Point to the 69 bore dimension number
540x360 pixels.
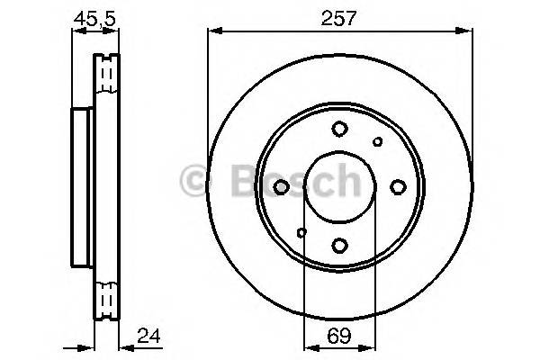pyautogui.click(x=338, y=338)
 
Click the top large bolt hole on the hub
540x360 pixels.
pyautogui.click(x=339, y=129)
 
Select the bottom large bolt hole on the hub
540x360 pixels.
pyautogui.click(x=339, y=243)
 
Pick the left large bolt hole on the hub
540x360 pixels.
pyautogui.click(x=282, y=186)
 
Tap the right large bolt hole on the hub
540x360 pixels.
pyautogui.click(x=397, y=186)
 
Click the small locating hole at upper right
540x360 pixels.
pyautogui.click(x=378, y=141)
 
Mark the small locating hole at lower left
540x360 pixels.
pyautogui.click(x=301, y=232)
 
